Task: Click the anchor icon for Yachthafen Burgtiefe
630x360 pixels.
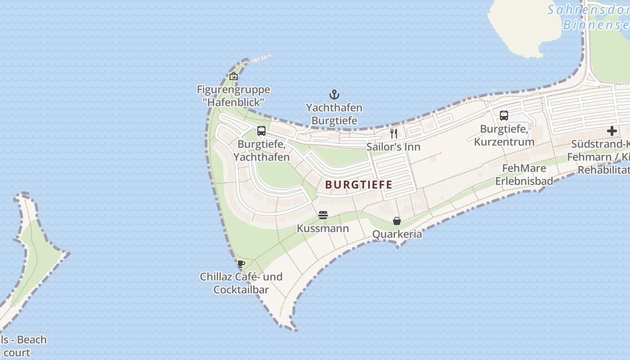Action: (334, 94)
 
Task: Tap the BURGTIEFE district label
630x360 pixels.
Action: (359, 184)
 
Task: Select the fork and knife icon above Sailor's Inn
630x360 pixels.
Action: (394, 133)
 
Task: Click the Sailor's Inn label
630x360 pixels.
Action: (393, 147)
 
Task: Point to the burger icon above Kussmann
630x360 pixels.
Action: (323, 215)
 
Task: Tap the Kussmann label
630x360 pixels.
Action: (323, 229)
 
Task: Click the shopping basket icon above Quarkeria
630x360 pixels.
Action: (397, 221)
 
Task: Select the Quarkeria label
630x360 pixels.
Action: (397, 234)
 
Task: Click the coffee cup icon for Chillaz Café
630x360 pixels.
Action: (241, 264)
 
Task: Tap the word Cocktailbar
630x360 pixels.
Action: (241, 289)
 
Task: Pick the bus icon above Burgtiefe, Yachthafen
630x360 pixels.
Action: (261, 131)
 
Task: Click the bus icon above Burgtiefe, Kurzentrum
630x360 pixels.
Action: (504, 116)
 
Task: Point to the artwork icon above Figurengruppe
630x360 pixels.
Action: (233, 76)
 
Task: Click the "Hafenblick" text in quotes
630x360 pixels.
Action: (233, 102)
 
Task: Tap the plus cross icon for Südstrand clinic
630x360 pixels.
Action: (612, 131)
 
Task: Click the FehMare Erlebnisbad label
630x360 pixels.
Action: (524, 175)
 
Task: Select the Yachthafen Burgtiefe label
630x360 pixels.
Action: (334, 114)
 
